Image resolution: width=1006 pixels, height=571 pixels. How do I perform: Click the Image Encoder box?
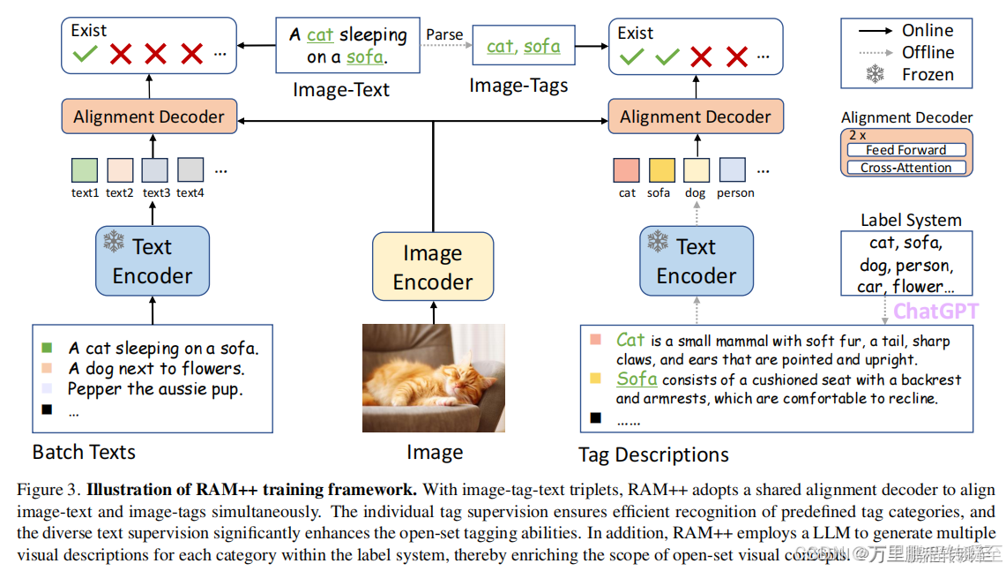432,267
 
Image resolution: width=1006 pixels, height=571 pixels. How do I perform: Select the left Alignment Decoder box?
149,116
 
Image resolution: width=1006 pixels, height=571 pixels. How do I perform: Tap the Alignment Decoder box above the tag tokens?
695,116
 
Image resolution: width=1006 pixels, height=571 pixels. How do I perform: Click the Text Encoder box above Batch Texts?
152,261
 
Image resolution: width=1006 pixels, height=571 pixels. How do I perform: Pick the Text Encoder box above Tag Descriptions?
696,261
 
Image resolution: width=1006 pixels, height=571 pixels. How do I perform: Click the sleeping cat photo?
434,378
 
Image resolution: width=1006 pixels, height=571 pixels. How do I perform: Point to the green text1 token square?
85,169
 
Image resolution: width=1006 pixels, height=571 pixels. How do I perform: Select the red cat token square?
627,169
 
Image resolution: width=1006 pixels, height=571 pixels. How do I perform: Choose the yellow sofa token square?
661,169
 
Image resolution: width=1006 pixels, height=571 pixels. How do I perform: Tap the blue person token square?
733,169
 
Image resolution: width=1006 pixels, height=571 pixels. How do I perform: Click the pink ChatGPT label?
935,312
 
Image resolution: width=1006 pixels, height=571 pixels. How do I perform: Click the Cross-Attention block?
907,168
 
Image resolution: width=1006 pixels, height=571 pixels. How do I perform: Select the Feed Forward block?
905,150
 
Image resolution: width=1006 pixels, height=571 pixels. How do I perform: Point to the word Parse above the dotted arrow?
444,35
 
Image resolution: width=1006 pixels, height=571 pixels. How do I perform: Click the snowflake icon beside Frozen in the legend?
875,75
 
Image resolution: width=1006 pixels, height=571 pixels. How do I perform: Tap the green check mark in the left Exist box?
86,55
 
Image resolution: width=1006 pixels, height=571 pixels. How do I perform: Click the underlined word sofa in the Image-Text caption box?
365,57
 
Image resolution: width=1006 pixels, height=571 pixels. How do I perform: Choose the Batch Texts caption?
85,453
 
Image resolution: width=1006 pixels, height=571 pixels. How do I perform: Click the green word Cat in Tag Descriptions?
630,340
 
